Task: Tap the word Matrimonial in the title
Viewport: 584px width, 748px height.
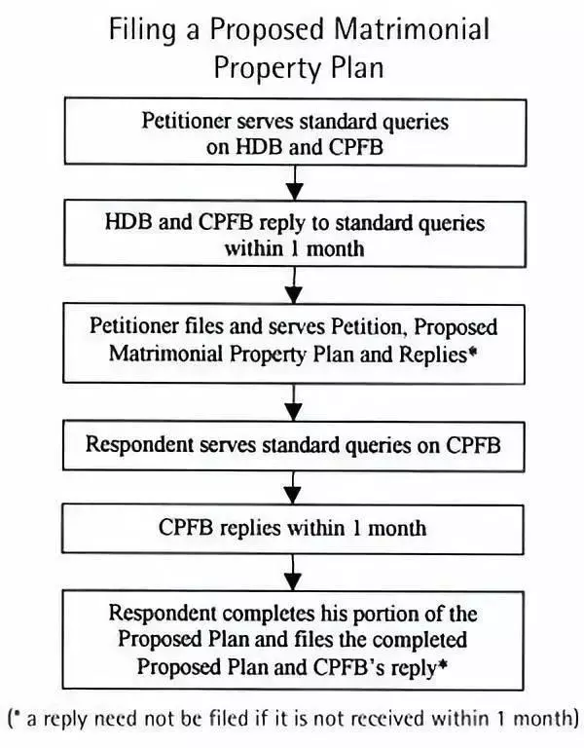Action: point(412,28)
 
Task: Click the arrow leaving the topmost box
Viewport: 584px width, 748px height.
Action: point(295,183)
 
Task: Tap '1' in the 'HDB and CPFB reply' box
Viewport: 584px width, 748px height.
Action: point(295,249)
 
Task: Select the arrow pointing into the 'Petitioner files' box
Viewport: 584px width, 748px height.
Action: point(295,285)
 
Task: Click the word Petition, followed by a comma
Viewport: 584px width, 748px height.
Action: point(369,327)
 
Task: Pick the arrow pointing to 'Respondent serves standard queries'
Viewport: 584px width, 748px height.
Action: point(294,402)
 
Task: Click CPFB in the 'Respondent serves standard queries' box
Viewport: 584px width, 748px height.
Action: point(473,445)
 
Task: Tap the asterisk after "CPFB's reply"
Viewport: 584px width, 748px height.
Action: point(443,664)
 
